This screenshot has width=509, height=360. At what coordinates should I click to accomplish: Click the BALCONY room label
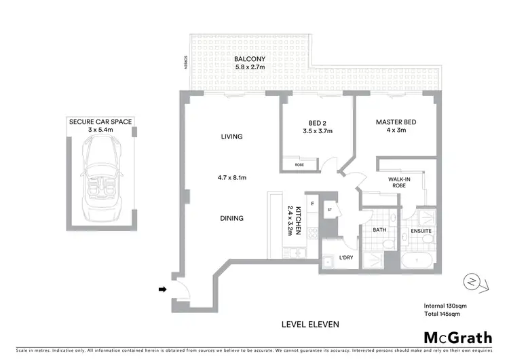click(x=249, y=58)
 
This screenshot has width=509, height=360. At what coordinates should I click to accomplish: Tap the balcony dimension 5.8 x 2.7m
click(x=249, y=68)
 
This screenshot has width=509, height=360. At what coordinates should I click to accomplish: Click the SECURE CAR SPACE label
click(x=100, y=122)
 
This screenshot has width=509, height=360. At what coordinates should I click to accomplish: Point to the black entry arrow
click(x=162, y=289)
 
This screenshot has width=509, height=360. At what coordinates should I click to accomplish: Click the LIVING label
click(x=231, y=137)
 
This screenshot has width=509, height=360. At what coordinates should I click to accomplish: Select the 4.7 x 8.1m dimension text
click(x=231, y=177)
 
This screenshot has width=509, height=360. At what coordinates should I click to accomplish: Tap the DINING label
click(x=231, y=218)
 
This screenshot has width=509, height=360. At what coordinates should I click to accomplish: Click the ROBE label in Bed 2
click(x=299, y=165)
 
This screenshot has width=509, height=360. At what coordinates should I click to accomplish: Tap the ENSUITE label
click(x=420, y=231)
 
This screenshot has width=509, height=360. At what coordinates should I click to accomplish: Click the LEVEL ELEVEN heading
click(x=309, y=324)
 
